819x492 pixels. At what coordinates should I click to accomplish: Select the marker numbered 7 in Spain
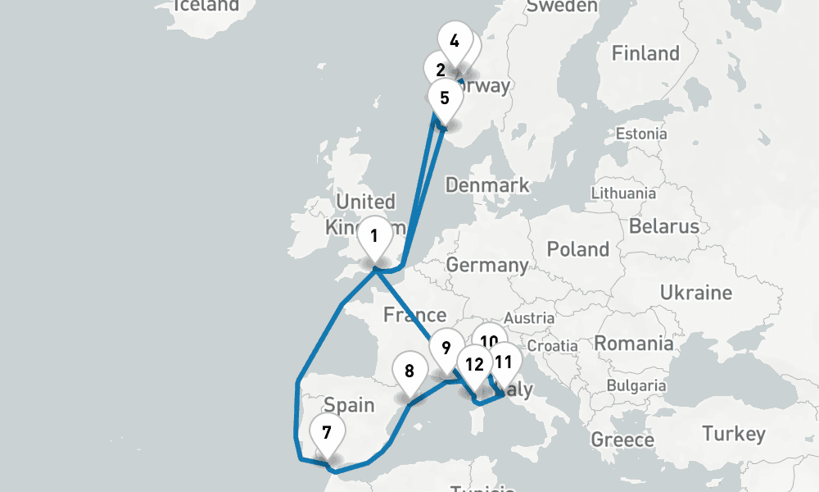tap(326, 431)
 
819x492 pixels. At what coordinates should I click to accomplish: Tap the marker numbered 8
tap(409, 371)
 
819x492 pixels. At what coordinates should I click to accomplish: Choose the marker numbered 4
tap(455, 41)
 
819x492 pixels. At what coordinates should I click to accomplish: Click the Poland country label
tap(578, 249)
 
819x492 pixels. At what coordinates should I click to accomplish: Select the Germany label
tap(486, 265)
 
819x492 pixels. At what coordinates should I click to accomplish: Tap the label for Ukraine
tap(696, 293)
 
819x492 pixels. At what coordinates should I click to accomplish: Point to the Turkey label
tap(733, 434)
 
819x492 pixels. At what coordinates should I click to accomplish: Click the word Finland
tap(645, 54)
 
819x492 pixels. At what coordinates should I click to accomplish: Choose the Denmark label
tap(487, 185)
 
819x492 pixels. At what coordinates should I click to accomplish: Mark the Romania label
tap(633, 343)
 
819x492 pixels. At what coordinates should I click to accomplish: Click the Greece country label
tap(622, 440)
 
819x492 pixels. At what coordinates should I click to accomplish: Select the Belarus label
tap(664, 226)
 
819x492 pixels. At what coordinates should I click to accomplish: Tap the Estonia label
tap(641, 134)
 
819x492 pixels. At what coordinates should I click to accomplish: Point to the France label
tap(414, 315)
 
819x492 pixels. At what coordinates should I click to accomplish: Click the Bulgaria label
tap(636, 385)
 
